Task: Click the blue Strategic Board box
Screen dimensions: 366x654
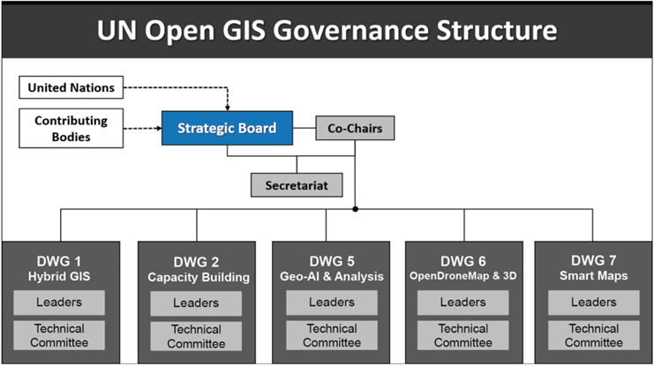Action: pos(226,129)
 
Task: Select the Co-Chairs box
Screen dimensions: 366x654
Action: pos(355,129)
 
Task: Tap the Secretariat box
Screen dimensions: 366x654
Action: pos(297,185)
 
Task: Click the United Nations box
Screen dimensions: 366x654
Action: pos(71,87)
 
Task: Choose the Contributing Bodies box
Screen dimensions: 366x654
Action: pos(71,128)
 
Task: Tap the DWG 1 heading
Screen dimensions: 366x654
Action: pos(59,261)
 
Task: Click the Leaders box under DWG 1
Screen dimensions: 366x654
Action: pos(59,303)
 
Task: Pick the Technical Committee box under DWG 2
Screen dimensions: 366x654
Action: pos(196,335)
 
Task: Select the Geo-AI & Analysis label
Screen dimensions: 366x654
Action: pos(332,277)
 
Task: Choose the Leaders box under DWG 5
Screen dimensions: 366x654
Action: pos(332,303)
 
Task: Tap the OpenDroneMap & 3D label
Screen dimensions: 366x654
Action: pos(463,277)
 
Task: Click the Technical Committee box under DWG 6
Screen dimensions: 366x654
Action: pos(462,335)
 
